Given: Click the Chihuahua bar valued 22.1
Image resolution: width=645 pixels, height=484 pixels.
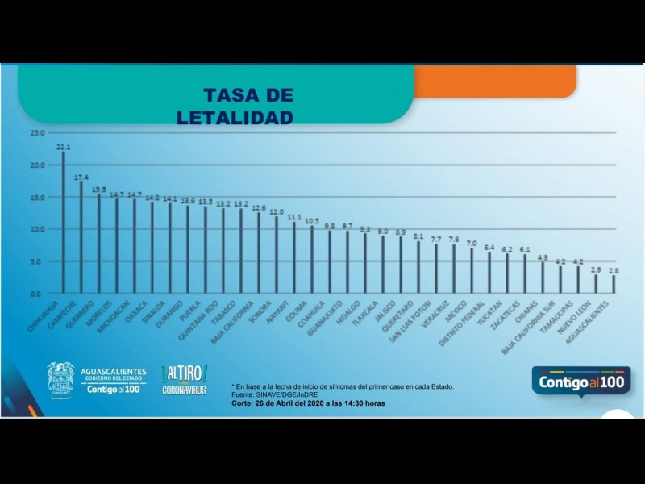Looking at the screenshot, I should (x=64, y=223).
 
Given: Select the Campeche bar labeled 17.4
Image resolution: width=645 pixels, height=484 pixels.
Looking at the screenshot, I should (x=81, y=237).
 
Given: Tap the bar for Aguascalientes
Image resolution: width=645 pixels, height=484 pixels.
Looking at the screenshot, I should (x=614, y=284).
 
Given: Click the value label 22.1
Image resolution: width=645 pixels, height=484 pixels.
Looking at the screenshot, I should (x=64, y=148).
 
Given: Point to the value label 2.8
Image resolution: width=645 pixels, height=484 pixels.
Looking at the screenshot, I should (x=614, y=270).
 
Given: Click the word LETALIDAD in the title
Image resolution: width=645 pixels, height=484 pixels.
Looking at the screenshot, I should (x=235, y=118).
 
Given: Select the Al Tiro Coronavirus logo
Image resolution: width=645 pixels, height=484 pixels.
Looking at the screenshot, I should (x=185, y=379).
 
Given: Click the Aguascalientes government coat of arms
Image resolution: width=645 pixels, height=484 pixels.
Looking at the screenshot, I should (x=60, y=379).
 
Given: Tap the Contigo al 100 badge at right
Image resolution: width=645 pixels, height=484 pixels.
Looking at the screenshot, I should (x=580, y=381).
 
